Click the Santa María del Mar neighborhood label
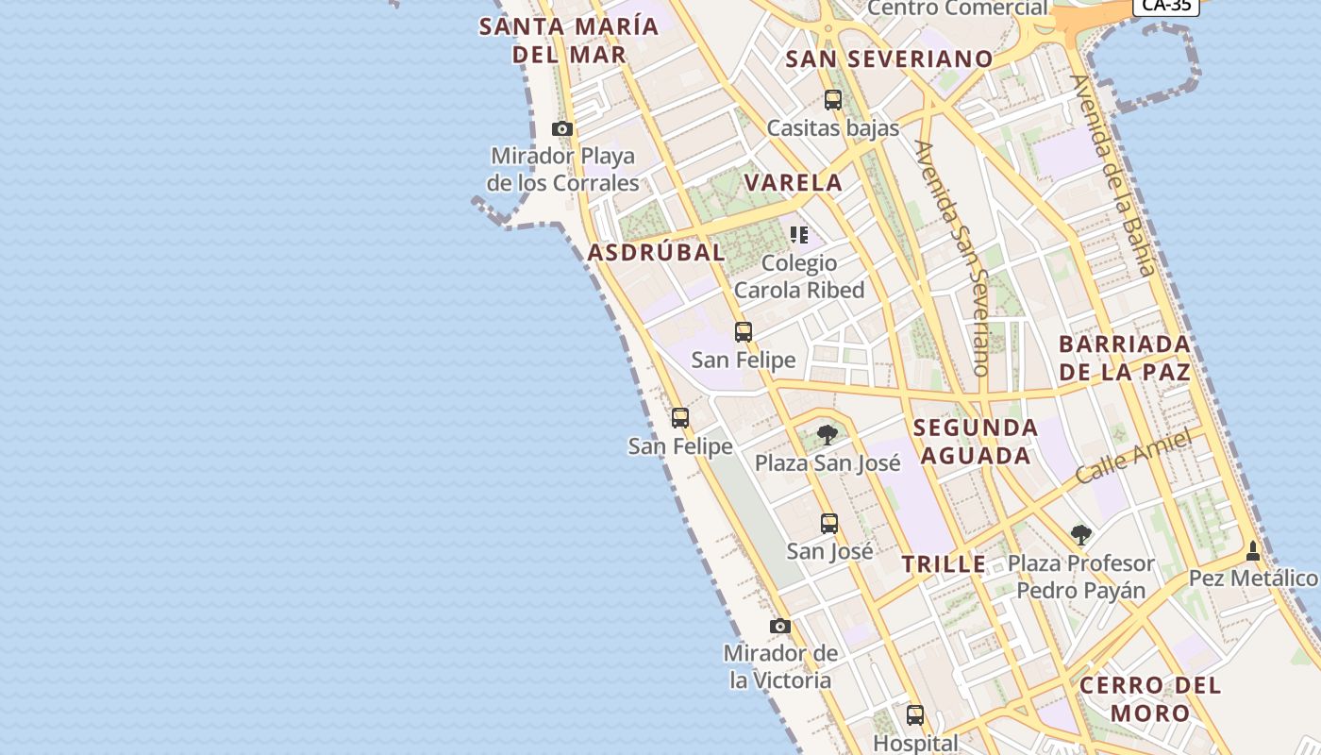click(569, 40)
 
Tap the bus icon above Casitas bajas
click(832, 99)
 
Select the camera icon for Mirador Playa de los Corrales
click(562, 128)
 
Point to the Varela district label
click(794, 183)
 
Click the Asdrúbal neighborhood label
click(657, 253)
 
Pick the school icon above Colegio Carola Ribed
click(799, 235)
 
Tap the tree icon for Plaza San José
click(828, 435)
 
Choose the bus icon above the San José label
click(828, 523)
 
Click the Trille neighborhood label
click(944, 564)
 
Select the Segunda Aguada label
click(976, 442)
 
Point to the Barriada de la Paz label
click(1125, 358)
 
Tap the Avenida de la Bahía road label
click(1113, 175)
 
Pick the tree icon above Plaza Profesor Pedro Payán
click(1081, 536)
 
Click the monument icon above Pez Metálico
click(1253, 550)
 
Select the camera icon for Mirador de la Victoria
click(780, 626)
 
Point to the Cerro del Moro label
click(1150, 698)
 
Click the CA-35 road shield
click(1166, 6)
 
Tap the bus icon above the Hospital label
click(915, 714)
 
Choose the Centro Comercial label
click(958, 8)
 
